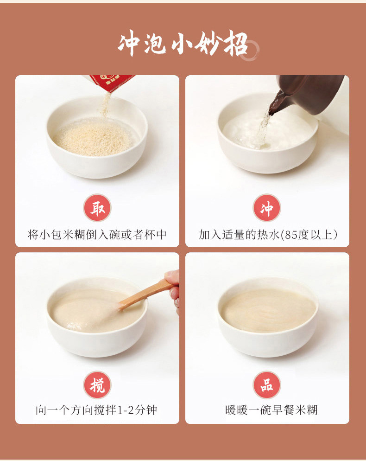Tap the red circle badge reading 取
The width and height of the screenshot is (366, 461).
pos(97,208)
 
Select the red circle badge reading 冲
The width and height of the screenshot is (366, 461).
pos(267,208)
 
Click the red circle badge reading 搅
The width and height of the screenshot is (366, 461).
pos(97,385)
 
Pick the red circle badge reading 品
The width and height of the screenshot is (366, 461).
pos(267,385)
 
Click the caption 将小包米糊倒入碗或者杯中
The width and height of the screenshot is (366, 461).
pos(97,235)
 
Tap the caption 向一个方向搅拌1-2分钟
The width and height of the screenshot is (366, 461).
pos(97,410)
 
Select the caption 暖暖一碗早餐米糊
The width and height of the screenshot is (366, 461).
pos(271,410)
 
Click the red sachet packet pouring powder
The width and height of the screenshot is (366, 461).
pos(112,83)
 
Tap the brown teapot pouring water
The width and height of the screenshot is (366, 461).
pos(309,94)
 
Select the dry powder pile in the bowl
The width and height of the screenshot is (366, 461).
pos(94,138)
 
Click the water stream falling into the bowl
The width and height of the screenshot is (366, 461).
pos(263,129)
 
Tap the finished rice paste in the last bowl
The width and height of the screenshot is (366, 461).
pos(268,310)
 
